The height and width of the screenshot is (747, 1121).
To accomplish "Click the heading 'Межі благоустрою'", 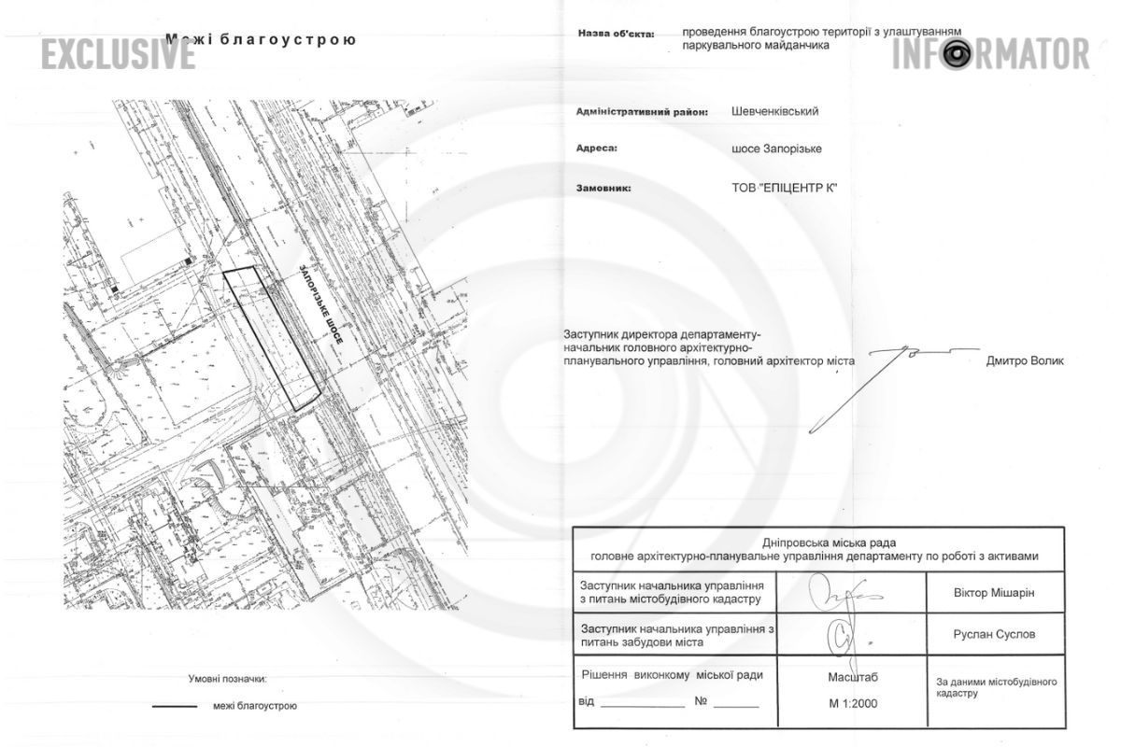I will (x=261, y=40).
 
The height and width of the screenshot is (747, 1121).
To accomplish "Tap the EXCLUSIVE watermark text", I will (x=117, y=54).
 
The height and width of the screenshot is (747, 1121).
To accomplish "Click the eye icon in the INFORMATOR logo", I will (x=956, y=54).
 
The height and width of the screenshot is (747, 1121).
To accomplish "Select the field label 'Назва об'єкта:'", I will (x=616, y=34).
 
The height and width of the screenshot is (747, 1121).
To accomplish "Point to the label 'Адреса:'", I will (x=598, y=148).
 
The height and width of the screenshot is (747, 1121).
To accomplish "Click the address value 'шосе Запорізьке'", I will (x=777, y=148).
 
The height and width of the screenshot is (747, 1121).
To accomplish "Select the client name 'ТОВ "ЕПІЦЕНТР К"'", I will (x=785, y=188).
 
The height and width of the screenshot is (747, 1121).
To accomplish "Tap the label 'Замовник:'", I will (x=604, y=188).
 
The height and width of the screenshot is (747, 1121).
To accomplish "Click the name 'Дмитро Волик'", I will (x=1025, y=361).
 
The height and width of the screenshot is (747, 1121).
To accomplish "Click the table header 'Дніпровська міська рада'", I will (x=817, y=541).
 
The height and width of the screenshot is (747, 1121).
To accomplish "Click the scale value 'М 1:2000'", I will (x=852, y=703).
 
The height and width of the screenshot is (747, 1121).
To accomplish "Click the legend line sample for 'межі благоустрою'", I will (x=175, y=706).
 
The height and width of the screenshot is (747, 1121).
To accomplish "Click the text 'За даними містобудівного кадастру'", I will (x=996, y=687).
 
